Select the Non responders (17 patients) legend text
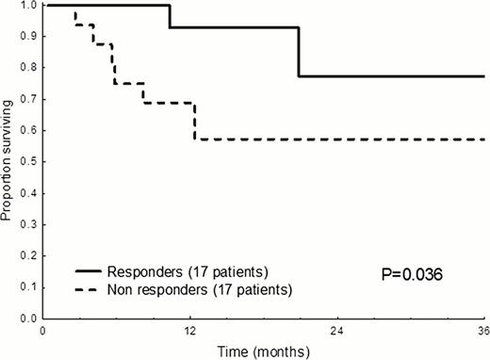coord(207,288)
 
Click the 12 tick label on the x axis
coord(190,332)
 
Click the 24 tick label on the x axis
coord(337,332)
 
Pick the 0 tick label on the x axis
coord(43,332)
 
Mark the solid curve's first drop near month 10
coord(170,16)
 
